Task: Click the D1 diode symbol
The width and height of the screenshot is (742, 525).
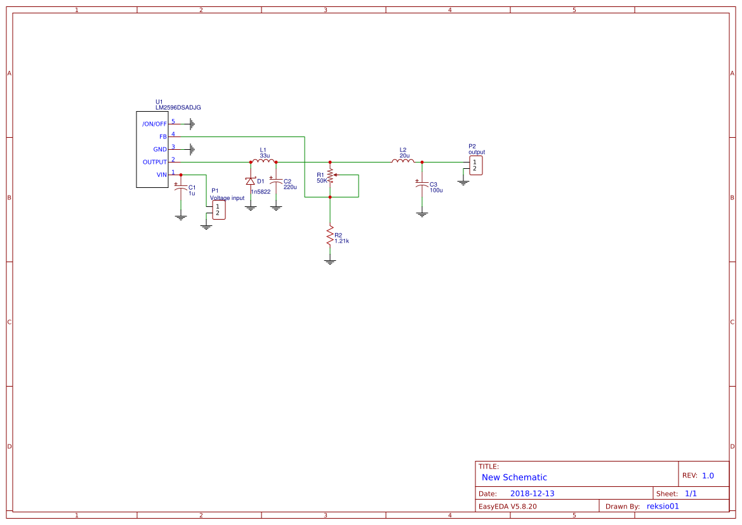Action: click(250, 182)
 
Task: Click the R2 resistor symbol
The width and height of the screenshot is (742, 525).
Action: click(329, 237)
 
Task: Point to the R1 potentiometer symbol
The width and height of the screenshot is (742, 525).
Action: click(330, 176)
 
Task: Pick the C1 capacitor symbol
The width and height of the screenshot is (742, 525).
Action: click(181, 188)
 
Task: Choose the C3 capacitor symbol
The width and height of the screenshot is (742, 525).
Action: click(422, 184)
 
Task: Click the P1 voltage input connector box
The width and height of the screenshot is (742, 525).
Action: click(218, 210)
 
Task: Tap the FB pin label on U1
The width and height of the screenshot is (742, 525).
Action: click(162, 136)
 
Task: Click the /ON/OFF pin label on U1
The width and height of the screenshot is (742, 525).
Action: click(154, 124)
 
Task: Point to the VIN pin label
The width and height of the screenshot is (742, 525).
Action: click(161, 175)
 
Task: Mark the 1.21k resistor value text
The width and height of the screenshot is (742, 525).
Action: click(341, 241)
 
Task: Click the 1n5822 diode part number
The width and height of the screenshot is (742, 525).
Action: click(260, 192)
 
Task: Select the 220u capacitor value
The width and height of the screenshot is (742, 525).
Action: click(290, 187)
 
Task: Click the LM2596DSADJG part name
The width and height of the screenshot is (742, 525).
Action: click(178, 108)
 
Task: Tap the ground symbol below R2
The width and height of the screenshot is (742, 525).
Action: click(329, 261)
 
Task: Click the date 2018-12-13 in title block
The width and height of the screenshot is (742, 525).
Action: click(532, 493)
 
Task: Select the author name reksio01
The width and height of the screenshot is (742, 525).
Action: click(662, 506)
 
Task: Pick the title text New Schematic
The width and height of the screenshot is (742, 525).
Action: click(514, 477)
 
